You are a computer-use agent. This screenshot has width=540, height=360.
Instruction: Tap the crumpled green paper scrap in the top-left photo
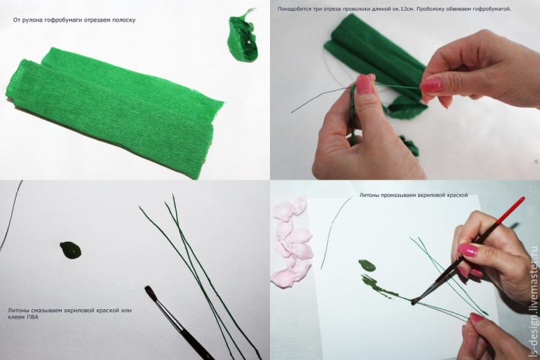[x=242, y=37]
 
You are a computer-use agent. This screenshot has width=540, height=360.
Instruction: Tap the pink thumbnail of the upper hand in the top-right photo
[x=431, y=85]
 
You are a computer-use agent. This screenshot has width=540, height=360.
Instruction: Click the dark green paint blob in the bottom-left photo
[x=71, y=250]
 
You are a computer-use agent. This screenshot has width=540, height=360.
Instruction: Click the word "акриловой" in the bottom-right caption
[x=430, y=195]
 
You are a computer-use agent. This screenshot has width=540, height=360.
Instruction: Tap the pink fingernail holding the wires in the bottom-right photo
[x=477, y=317]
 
